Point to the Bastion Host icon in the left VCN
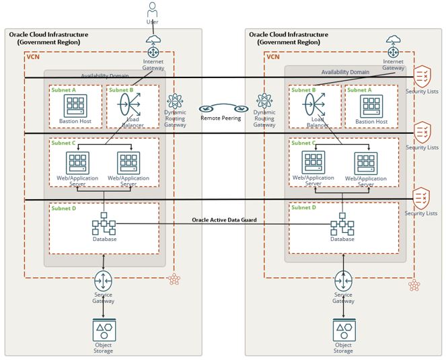(x=75, y=105)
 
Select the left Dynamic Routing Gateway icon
(x=175, y=102)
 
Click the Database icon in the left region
(x=104, y=223)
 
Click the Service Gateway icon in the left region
(x=104, y=280)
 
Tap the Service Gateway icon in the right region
(x=343, y=280)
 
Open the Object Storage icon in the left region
(x=104, y=330)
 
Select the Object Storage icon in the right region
(x=343, y=330)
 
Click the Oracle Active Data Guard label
(x=224, y=219)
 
